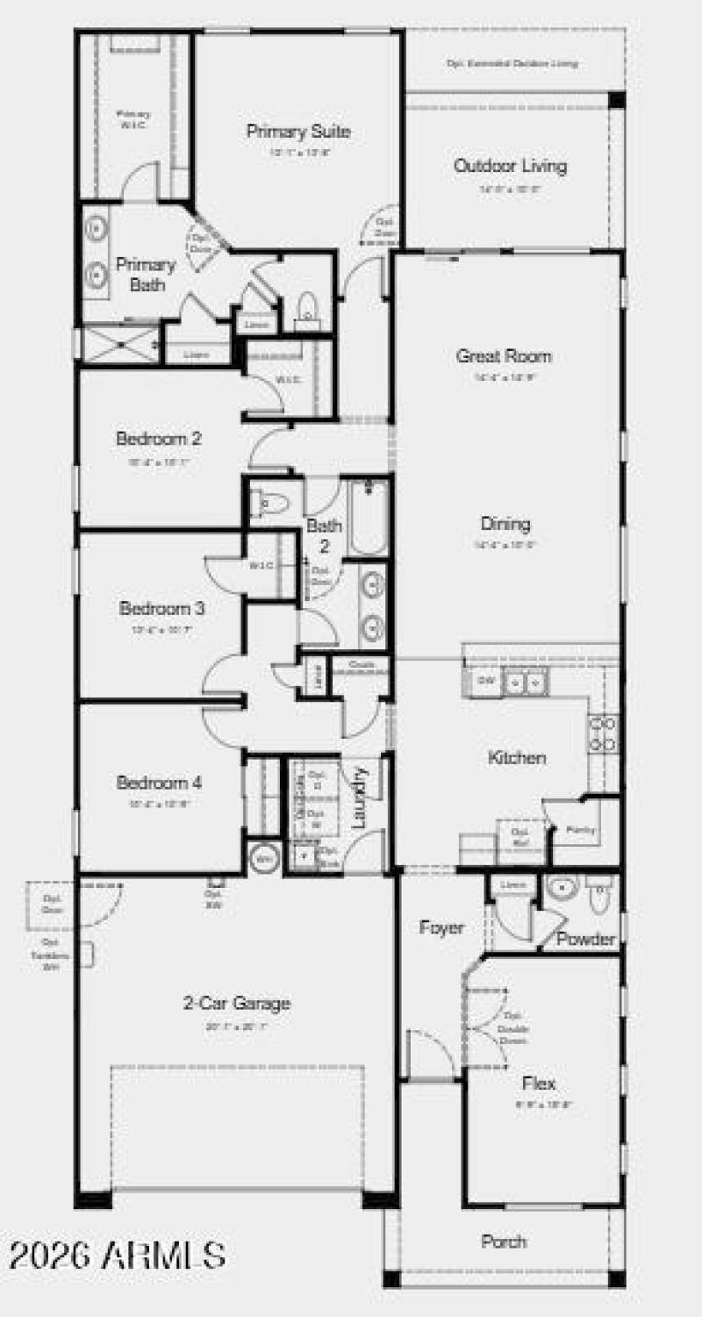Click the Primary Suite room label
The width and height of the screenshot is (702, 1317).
click(x=298, y=132)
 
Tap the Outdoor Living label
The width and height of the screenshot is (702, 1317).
click(x=510, y=166)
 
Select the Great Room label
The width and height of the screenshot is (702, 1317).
click(x=504, y=356)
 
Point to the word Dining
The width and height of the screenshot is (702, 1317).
click(x=505, y=525)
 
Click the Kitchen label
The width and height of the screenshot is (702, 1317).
click(x=517, y=758)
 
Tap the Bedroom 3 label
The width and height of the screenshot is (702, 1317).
click(x=162, y=608)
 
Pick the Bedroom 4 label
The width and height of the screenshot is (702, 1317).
click(x=160, y=783)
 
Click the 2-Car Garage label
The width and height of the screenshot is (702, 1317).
click(x=237, y=1004)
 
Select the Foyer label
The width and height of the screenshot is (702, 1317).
click(x=441, y=927)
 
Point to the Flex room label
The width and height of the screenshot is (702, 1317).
click(x=539, y=1084)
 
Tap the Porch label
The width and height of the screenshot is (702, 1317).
click(x=505, y=1242)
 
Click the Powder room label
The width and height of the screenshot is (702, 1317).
click(x=586, y=940)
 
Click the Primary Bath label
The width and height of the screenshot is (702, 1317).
click(x=147, y=274)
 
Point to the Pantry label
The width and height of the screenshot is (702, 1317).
click(x=580, y=829)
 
